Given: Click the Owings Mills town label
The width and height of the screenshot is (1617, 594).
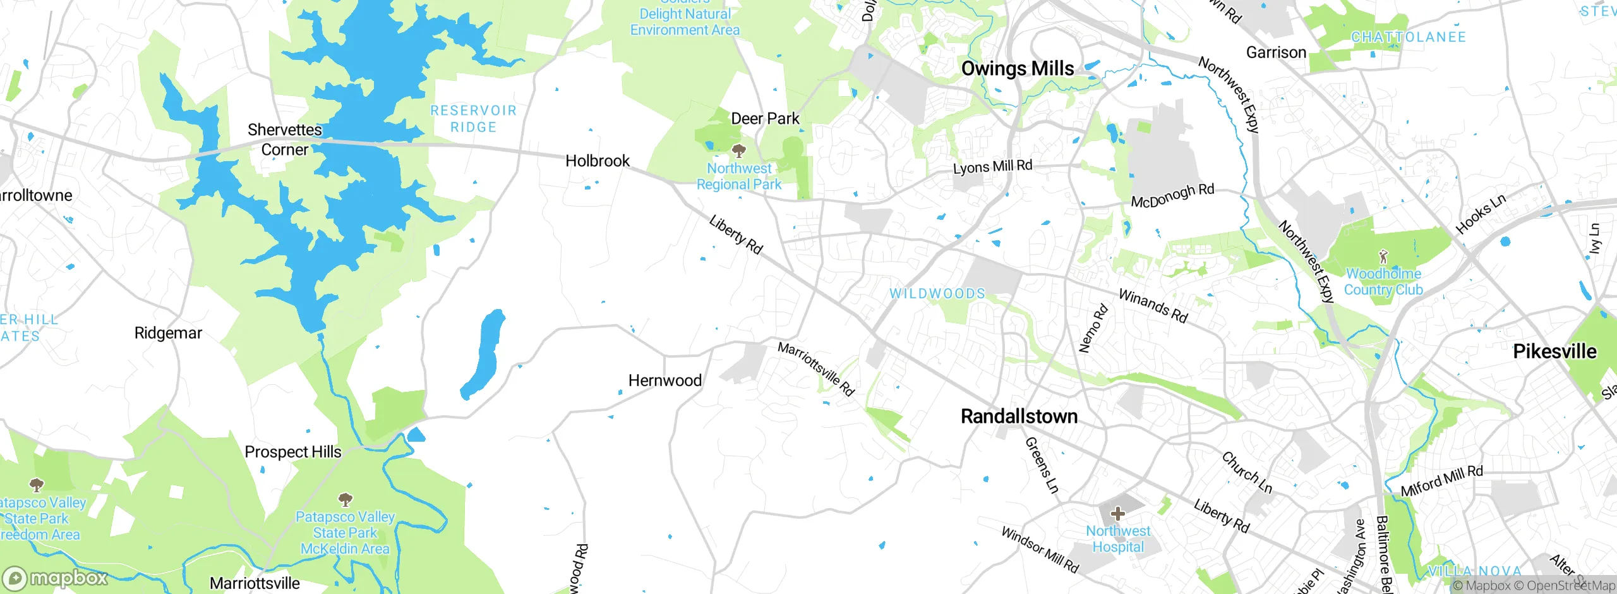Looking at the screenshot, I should [x=1017, y=68].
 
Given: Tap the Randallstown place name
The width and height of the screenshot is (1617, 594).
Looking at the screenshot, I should [x=1019, y=416].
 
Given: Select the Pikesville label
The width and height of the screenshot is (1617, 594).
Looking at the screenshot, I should [x=1554, y=351].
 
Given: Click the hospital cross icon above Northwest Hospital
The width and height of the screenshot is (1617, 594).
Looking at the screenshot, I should [x=1117, y=513].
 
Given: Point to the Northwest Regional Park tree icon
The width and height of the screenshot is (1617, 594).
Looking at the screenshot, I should [x=738, y=150].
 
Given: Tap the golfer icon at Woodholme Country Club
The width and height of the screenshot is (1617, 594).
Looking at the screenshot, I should [x=1383, y=257].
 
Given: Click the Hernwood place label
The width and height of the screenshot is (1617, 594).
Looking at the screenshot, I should [x=664, y=380].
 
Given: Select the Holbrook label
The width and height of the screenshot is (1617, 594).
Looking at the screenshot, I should [x=597, y=161].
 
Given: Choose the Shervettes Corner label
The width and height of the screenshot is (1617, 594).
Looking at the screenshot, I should [x=284, y=140].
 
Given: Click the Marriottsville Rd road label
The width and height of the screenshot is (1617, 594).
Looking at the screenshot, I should [x=815, y=369].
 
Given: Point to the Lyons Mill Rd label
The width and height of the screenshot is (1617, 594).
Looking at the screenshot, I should [x=992, y=167].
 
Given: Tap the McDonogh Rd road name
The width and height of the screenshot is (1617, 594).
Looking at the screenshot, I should [x=1172, y=196].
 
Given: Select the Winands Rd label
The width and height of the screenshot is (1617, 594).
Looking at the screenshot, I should [x=1153, y=306].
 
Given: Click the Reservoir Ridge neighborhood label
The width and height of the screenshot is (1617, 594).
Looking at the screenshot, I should [x=473, y=119].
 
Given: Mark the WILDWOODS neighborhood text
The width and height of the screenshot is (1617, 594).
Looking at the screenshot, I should [x=937, y=293].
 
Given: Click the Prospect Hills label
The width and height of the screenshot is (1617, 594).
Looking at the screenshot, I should [x=292, y=452].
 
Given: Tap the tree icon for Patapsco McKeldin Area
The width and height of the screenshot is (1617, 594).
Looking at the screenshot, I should [x=345, y=500].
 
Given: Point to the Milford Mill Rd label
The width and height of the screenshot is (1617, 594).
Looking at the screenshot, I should [x=1441, y=482].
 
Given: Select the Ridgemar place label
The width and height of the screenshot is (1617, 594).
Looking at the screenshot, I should [x=168, y=333].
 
